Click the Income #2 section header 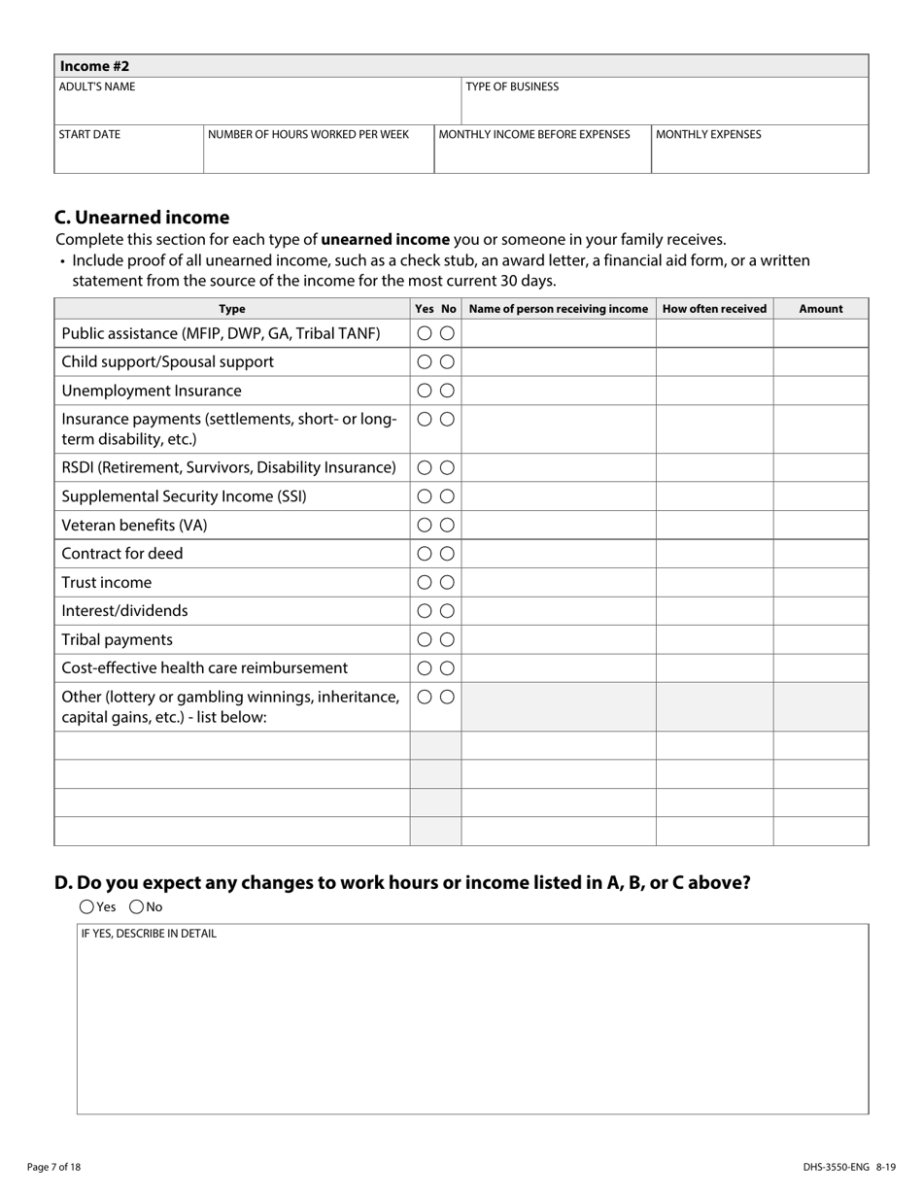(x=94, y=66)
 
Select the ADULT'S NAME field (x=257, y=102)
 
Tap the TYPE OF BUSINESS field (x=664, y=102)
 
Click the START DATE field (x=128, y=151)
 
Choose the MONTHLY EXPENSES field (x=759, y=151)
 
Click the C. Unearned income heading (x=142, y=218)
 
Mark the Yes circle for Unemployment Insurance (x=425, y=391)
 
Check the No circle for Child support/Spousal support (x=447, y=362)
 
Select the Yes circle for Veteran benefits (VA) (x=425, y=525)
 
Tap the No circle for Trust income (x=447, y=582)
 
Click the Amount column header (x=820, y=309)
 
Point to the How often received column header (x=714, y=309)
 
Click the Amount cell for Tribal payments (x=820, y=639)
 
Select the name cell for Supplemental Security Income (x=558, y=496)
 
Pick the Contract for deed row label (x=122, y=554)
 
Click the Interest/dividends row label (x=124, y=611)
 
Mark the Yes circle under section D (x=86, y=907)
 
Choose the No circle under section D (x=136, y=907)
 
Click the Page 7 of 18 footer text (x=54, y=1167)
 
